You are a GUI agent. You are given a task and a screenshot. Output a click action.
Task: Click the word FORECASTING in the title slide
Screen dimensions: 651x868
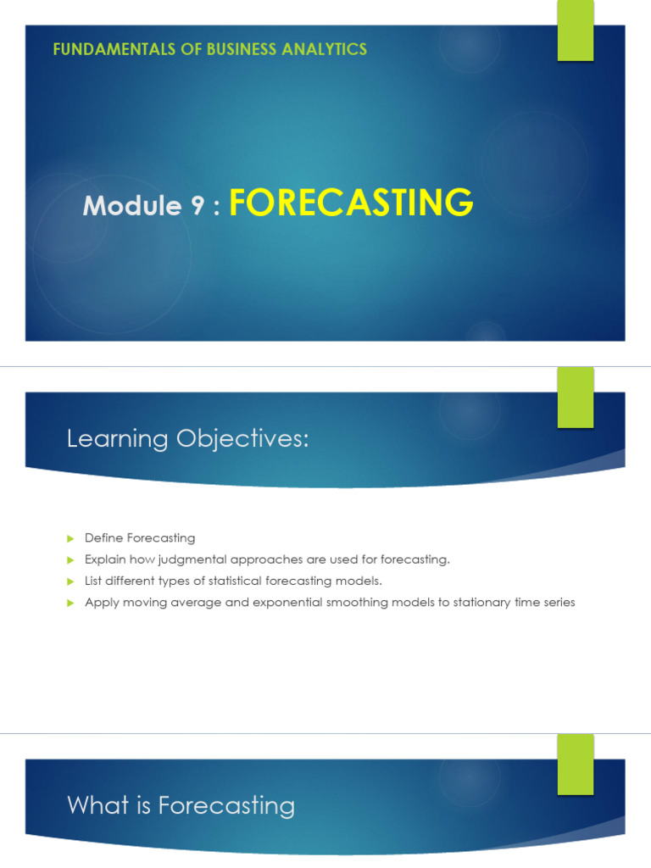351,202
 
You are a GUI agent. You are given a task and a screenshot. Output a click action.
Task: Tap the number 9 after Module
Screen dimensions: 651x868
198,205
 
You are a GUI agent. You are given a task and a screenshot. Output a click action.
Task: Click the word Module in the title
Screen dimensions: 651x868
132,205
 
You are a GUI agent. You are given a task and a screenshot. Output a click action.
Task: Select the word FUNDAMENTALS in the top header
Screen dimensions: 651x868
114,49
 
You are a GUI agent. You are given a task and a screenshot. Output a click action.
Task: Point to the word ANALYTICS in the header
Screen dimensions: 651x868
325,49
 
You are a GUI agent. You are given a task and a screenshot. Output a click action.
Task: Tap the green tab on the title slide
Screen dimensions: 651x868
576,31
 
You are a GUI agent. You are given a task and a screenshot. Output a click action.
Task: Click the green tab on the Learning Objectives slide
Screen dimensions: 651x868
576,398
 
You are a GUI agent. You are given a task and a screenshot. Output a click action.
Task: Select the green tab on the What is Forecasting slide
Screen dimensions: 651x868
576,765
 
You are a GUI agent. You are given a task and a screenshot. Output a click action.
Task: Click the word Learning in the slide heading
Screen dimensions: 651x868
117,439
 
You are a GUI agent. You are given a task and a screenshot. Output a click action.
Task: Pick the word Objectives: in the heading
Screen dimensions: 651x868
242,439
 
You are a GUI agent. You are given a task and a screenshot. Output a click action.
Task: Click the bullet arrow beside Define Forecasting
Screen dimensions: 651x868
70,538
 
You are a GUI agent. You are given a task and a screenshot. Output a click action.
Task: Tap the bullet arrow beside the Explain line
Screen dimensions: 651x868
70,560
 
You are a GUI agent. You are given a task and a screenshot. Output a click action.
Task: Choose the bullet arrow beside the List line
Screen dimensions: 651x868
70,581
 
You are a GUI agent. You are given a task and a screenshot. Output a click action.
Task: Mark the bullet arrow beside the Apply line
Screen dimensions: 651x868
70,603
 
